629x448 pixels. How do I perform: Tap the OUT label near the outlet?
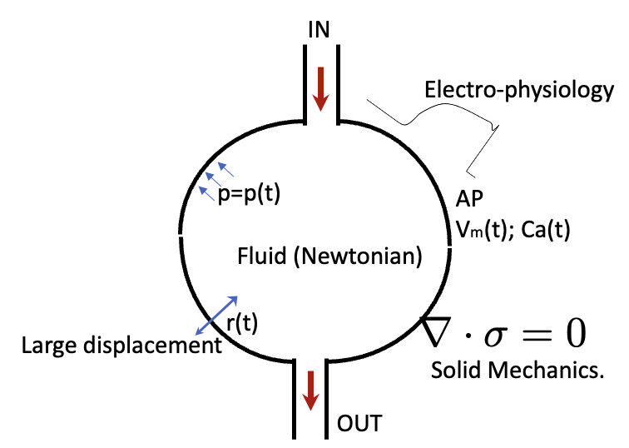(x=359, y=424)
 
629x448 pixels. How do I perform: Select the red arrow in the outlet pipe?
(x=310, y=390)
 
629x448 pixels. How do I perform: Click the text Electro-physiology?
(x=517, y=90)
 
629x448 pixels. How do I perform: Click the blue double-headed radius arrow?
(x=217, y=316)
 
